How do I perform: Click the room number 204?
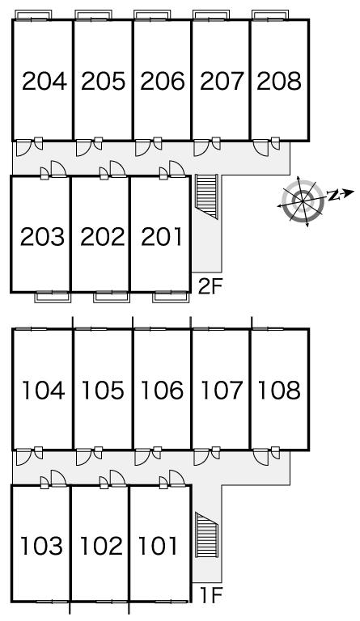pyautogui.click(x=44, y=81)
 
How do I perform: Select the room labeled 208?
pyautogui.click(x=279, y=81)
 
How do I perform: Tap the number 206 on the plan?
pyautogui.click(x=163, y=81)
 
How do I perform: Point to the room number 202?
pyautogui.click(x=103, y=236)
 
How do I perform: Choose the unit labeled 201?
pyautogui.click(x=162, y=236)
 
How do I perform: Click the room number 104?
pyautogui.click(x=43, y=390)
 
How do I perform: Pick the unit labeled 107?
pyautogui.click(x=222, y=390)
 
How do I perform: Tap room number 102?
pyautogui.click(x=101, y=546)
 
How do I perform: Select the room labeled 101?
pyautogui.click(x=158, y=546)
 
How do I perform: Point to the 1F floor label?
pyautogui.click(x=211, y=594)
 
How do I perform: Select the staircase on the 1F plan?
pyautogui.click(x=207, y=535)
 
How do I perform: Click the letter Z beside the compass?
pyautogui.click(x=334, y=195)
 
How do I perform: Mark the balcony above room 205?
pyautogui.click(x=93, y=15)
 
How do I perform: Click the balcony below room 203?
pyautogui.click(x=53, y=297)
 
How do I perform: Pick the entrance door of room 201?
pyautogui.click(x=176, y=169)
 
